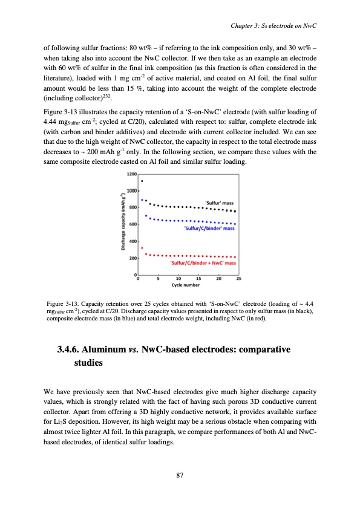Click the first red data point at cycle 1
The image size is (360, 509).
click(142, 248)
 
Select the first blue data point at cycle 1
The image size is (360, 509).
click(142, 199)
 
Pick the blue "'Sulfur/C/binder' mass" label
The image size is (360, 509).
click(208, 229)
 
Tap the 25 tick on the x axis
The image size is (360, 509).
click(238, 279)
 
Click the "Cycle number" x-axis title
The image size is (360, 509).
click(187, 284)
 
